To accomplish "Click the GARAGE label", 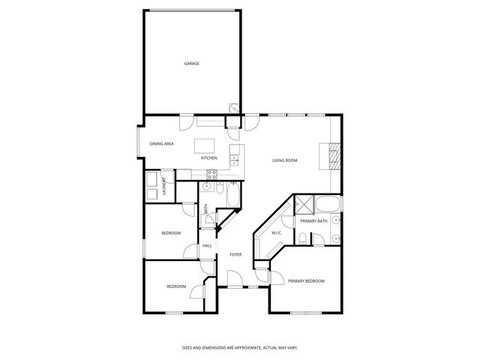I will pyautogui.click(x=192, y=64).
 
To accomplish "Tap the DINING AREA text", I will pyautogui.click(x=162, y=143).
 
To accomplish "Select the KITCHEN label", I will pyautogui.click(x=209, y=158).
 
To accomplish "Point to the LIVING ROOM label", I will pyautogui.click(x=285, y=160).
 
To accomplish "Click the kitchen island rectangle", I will pyautogui.click(x=205, y=145).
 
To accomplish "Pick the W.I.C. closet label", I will pyautogui.click(x=277, y=233).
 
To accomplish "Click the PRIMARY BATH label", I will pyautogui.click(x=313, y=221).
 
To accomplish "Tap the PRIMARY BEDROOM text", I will pyautogui.click(x=307, y=281).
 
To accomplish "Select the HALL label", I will pyautogui.click(x=208, y=246).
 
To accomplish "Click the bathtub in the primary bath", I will pyautogui.click(x=327, y=205).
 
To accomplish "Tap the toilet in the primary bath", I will pyautogui.click(x=301, y=238).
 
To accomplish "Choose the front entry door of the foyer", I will pyautogui.click(x=235, y=286).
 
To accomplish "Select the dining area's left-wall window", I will pyautogui.click(x=137, y=142).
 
